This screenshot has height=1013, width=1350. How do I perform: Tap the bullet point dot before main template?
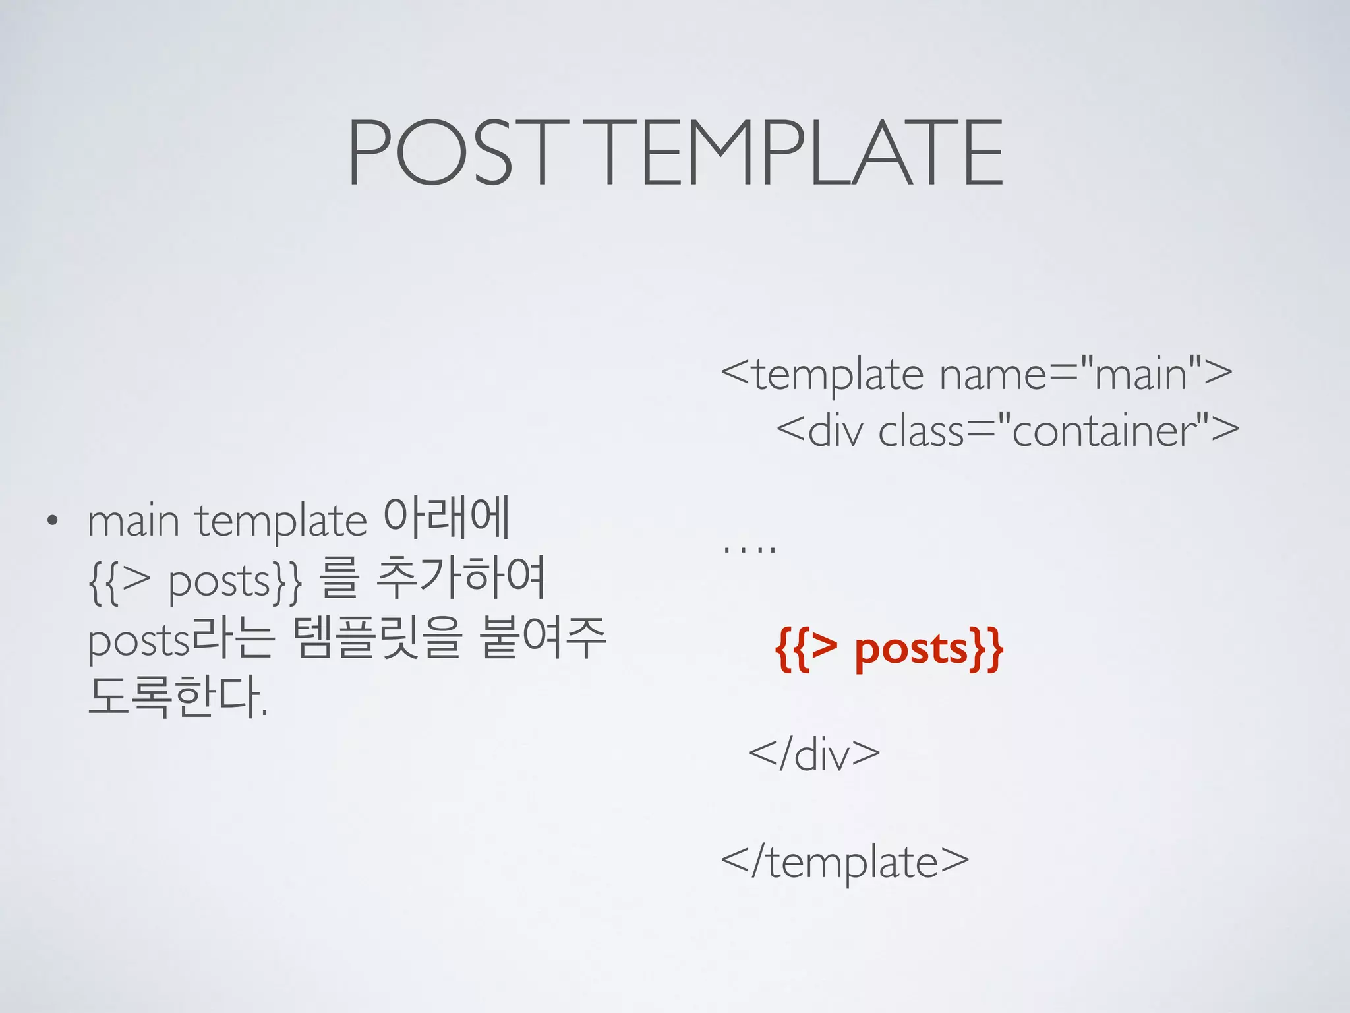click(52, 522)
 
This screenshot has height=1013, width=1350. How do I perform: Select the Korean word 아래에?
click(447, 519)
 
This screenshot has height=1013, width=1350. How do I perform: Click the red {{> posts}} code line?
click(889, 650)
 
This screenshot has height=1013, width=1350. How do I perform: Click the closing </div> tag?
click(814, 754)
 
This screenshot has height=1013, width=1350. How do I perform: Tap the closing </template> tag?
click(845, 861)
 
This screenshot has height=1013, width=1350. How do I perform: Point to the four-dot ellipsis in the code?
click(749, 548)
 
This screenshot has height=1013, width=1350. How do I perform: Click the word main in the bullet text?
click(134, 522)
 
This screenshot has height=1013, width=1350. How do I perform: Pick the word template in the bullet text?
click(281, 522)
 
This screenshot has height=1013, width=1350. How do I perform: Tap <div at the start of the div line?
click(819, 431)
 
